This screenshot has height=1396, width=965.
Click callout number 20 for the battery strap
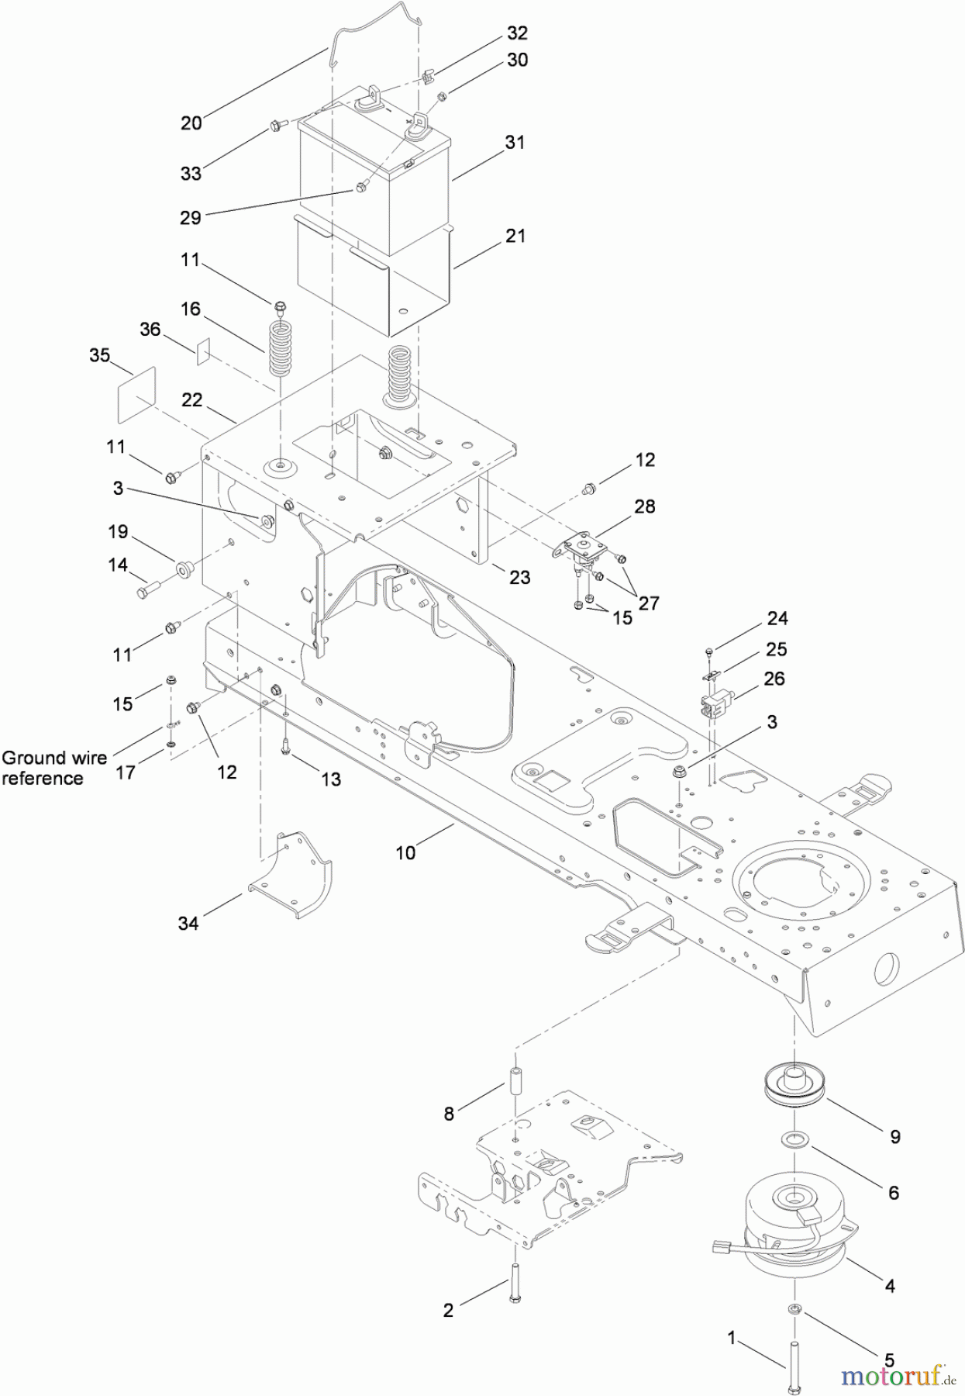(x=191, y=123)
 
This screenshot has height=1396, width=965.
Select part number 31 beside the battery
(x=515, y=143)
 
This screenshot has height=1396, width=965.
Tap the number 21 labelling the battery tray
(x=515, y=236)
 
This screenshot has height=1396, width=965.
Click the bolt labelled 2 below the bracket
(x=515, y=1284)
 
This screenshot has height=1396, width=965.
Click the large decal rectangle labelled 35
(x=136, y=398)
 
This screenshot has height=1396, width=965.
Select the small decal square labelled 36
(x=203, y=350)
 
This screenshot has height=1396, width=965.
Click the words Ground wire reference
(x=54, y=768)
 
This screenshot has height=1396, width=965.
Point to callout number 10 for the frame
(x=405, y=852)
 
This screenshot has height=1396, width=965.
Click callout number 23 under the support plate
(x=519, y=577)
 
